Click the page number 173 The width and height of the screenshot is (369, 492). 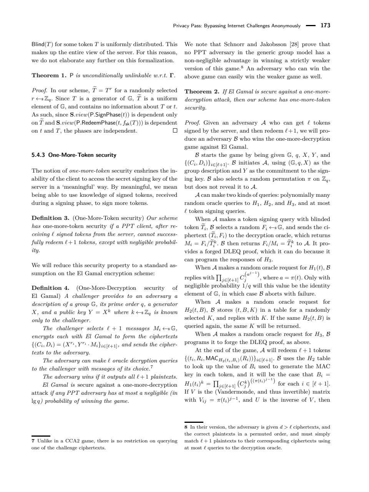coord(325,26)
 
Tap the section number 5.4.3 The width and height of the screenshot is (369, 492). coord(38,155)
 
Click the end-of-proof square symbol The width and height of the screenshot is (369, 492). coord(175,131)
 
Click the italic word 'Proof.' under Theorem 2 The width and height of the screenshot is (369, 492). coord(192,123)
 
